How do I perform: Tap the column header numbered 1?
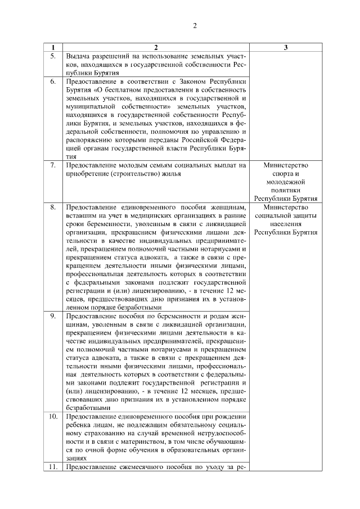pos(53,48)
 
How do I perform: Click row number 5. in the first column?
pos(53,56)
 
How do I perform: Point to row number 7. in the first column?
pos(53,165)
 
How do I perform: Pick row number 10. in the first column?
pos(53,417)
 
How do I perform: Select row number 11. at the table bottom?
pos(53,468)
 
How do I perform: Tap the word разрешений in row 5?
pos(115,56)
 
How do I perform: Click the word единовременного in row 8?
pos(146,207)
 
